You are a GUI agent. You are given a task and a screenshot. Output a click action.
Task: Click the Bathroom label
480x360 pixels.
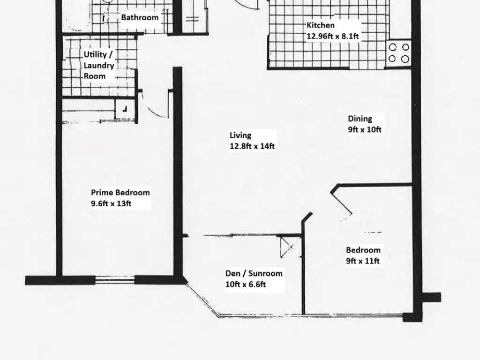coord(140,18)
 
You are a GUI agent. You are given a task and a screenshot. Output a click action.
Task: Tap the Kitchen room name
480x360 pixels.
coord(321,25)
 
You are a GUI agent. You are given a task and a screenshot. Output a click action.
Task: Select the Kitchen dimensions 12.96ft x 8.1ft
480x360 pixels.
coord(333,36)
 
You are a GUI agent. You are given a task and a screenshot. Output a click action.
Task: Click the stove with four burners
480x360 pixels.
coord(398,53)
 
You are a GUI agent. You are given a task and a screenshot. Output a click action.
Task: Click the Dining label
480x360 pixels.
coord(360,119)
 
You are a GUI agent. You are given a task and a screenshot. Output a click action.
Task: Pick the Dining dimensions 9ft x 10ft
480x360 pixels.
coord(365,130)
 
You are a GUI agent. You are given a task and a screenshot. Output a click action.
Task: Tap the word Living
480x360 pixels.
coord(240,135)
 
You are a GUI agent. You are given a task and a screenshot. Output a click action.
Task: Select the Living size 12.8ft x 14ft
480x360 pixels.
coord(252,146)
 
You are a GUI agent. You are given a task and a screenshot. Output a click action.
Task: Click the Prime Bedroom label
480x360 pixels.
coord(120,193)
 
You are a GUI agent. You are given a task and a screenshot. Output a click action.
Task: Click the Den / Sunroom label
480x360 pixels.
coord(254,274)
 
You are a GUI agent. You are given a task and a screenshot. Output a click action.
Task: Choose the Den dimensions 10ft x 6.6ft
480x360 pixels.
coord(246,284)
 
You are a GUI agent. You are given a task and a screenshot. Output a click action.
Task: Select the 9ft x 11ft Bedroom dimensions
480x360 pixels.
coord(362,261)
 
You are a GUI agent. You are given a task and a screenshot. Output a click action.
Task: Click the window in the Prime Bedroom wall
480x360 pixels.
coord(116,280)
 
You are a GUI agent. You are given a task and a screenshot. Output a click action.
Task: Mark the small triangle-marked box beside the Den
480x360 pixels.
coord(285,247)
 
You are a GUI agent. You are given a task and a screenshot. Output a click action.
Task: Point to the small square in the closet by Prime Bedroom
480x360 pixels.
coord(125,109)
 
